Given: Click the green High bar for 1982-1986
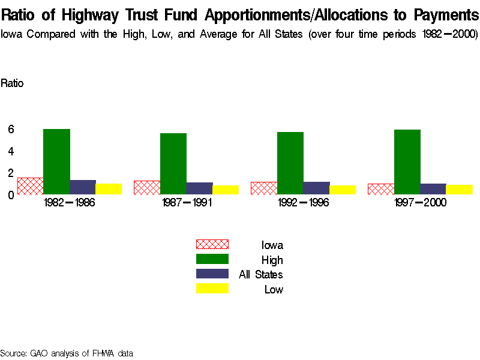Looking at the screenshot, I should [x=57, y=161].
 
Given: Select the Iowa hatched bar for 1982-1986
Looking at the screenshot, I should [x=31, y=186].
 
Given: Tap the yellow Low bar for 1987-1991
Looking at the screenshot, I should [x=226, y=190].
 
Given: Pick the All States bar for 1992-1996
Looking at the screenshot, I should [x=316, y=188].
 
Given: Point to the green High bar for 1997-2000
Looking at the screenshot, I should [x=407, y=162].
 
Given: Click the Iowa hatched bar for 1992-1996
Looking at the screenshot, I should [x=264, y=188].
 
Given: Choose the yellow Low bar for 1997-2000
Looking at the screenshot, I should [x=460, y=189].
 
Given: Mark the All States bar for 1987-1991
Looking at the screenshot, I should [x=199, y=188].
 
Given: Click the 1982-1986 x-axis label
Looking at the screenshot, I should [x=70, y=203].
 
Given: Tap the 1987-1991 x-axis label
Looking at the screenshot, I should [x=186, y=203].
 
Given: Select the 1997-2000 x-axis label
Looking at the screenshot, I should [x=420, y=203].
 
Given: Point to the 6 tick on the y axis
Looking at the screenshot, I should [x=11, y=129].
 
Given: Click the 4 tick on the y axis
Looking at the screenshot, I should [x=11, y=151].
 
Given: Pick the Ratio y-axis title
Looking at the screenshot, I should [x=12, y=83].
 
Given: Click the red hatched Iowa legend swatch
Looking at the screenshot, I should [x=212, y=244].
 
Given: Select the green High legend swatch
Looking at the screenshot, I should [x=212, y=259].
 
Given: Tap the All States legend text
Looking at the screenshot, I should [x=260, y=275].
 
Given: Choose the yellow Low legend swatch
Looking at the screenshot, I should [x=212, y=289].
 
